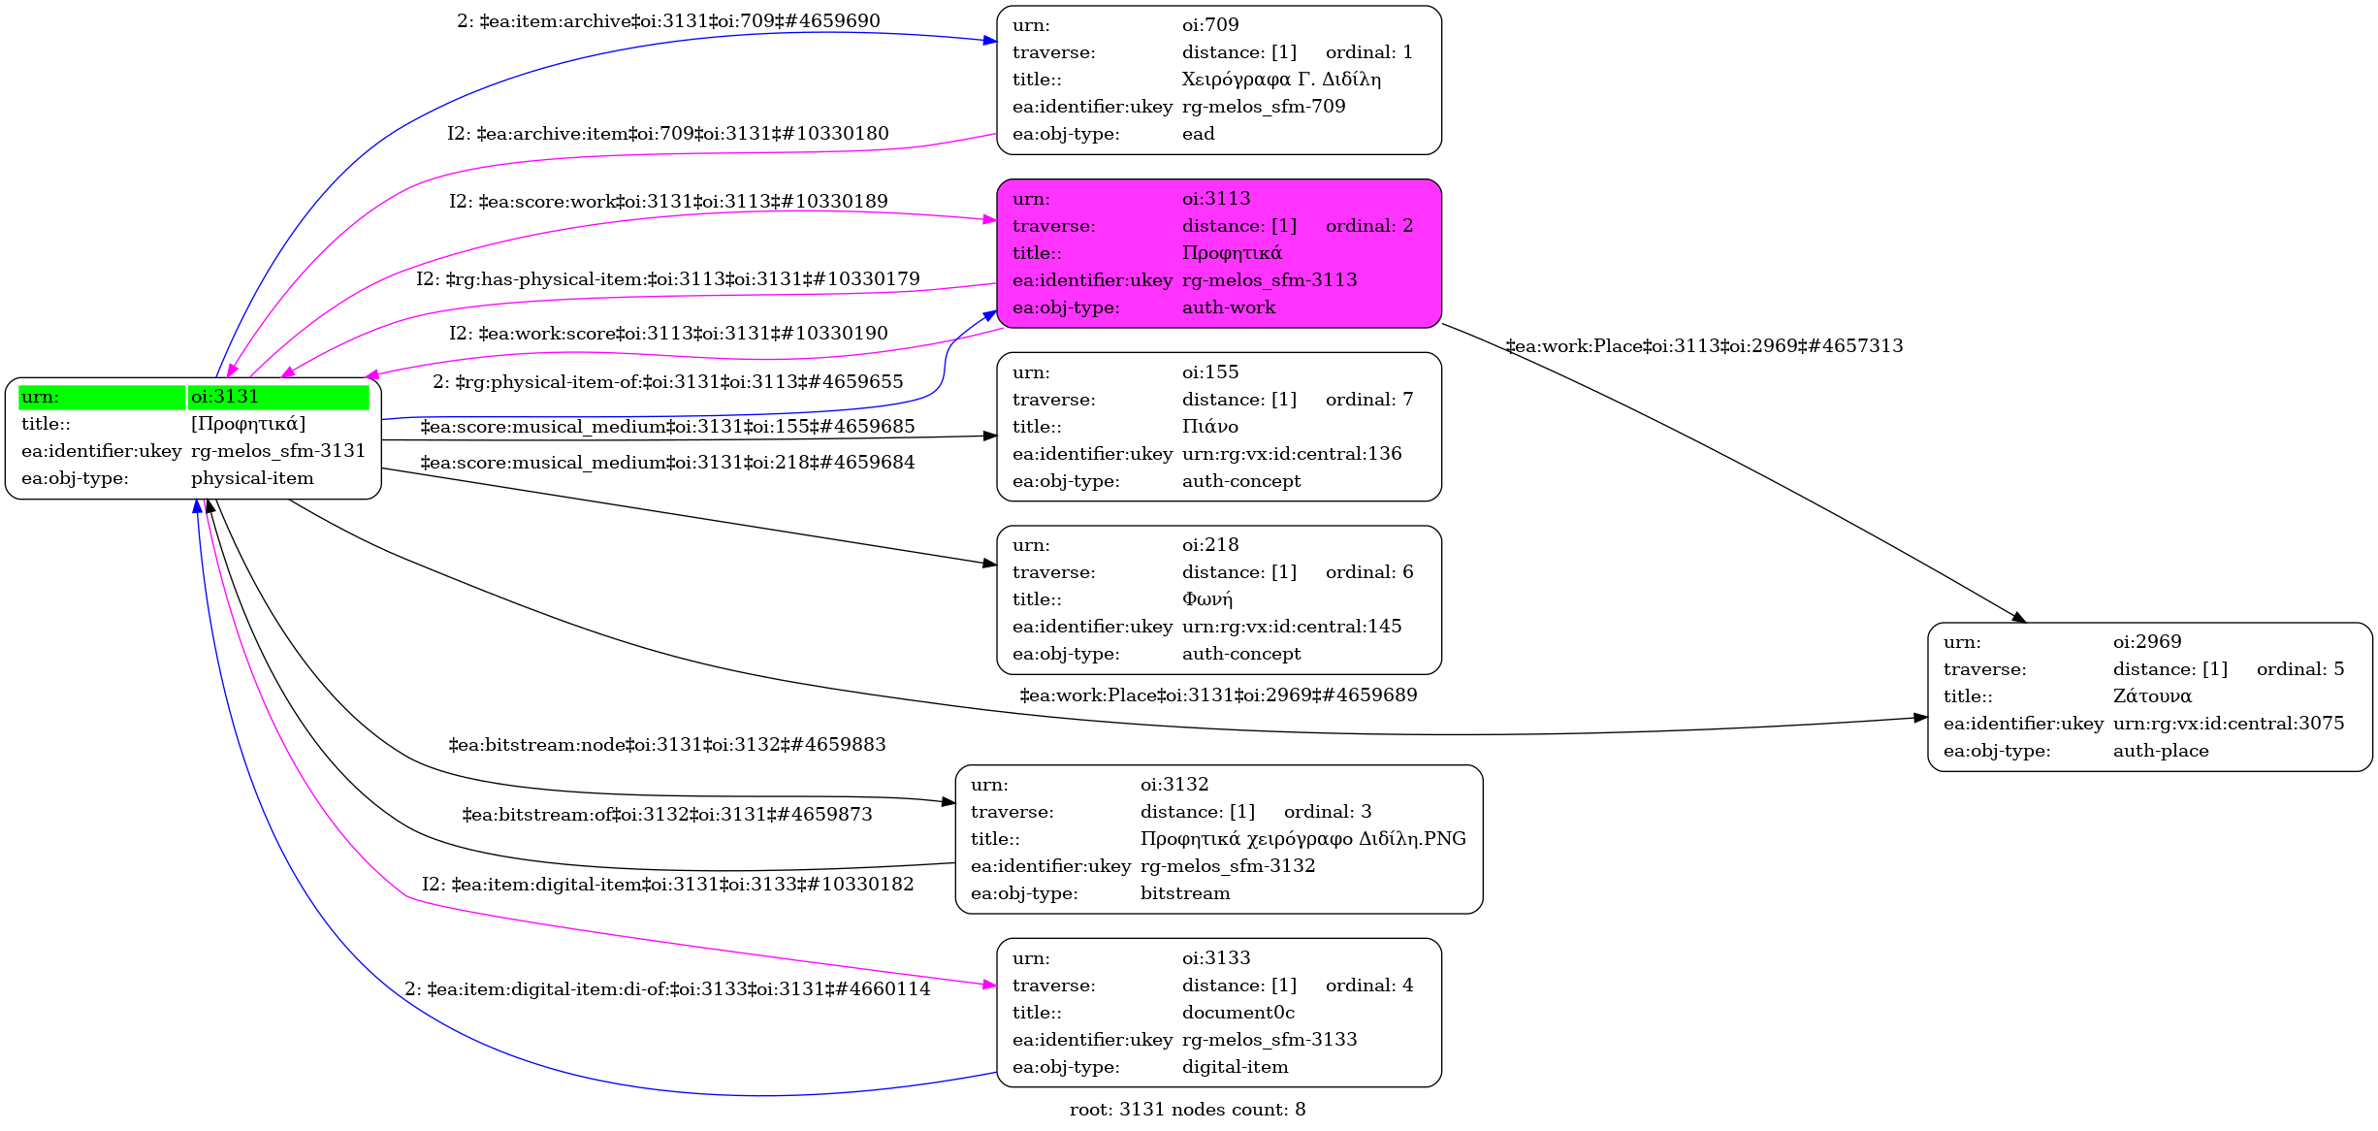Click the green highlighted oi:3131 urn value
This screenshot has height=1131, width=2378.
(225, 397)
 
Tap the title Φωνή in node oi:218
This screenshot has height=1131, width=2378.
(1206, 599)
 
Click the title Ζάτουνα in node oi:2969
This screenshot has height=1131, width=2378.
(2152, 696)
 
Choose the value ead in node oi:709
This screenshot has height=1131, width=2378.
(1198, 134)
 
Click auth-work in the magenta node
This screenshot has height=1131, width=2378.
(1228, 307)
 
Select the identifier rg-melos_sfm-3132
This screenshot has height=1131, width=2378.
(1227, 866)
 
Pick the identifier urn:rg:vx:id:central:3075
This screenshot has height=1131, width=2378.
(2228, 724)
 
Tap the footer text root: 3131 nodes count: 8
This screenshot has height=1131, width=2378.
(1187, 1110)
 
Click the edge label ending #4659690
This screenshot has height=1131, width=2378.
(668, 21)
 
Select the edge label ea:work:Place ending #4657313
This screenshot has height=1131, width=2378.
(1703, 346)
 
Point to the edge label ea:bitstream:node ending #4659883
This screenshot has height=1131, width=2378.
(666, 745)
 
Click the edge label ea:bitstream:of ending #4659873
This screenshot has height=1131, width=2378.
(666, 815)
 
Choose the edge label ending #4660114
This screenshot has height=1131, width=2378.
(666, 989)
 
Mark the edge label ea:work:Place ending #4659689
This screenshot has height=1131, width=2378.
(1217, 695)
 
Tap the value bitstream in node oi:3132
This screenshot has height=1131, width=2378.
(1184, 893)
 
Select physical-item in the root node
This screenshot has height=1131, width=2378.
(252, 478)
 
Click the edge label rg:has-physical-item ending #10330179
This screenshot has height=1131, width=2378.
(667, 279)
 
